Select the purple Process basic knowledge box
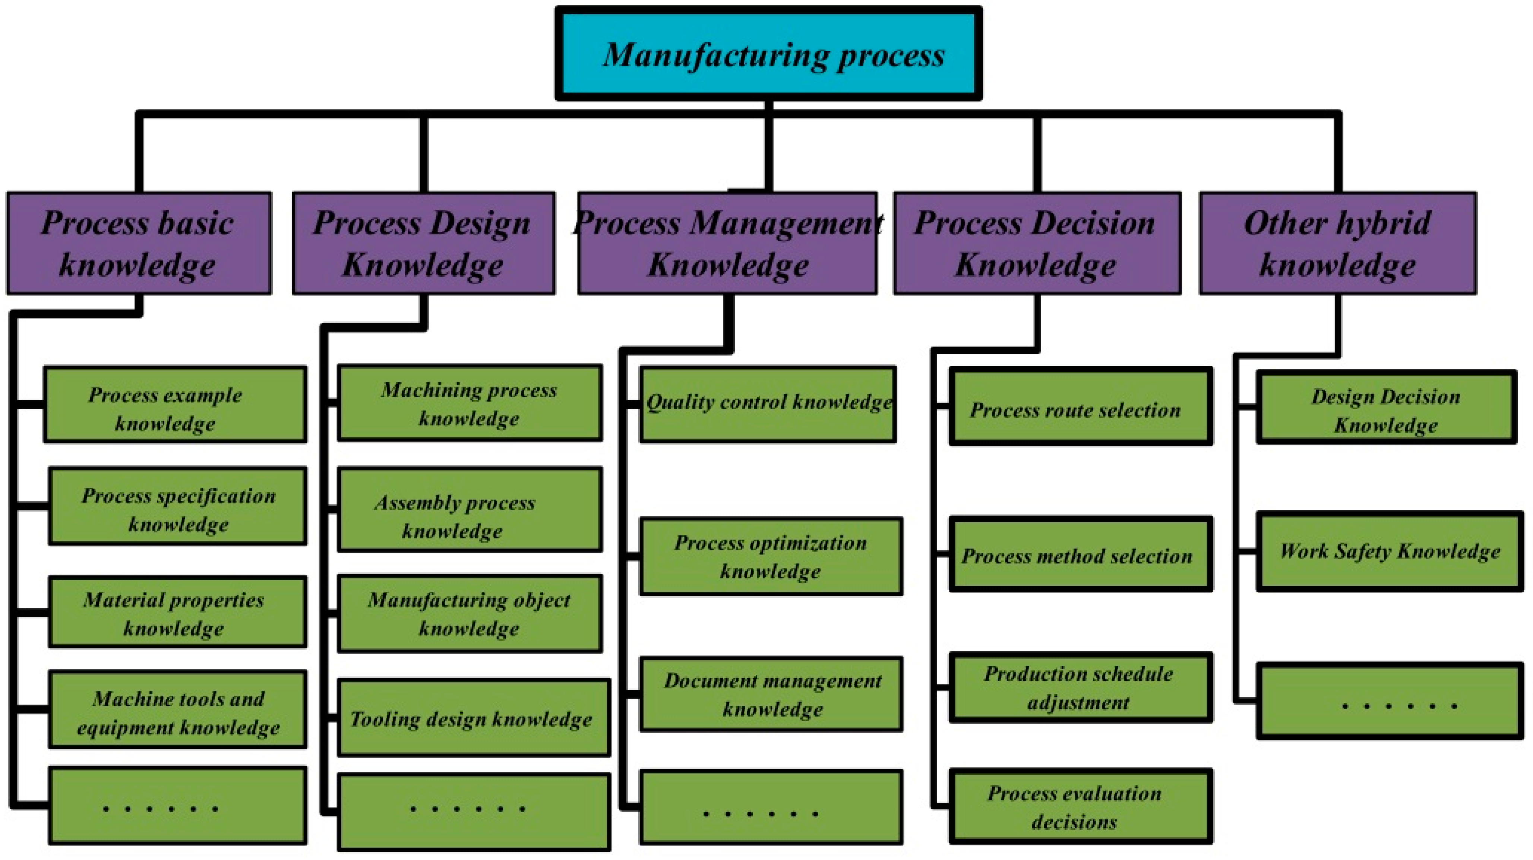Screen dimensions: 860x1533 139,243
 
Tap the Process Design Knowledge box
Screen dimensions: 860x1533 423,243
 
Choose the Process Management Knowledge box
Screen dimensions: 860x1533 727,243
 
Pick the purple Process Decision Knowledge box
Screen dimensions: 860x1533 1037,243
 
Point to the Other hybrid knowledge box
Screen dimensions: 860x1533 1337,243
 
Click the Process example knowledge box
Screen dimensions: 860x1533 175,405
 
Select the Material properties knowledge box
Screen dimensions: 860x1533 177,612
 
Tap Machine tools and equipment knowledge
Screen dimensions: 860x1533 177,709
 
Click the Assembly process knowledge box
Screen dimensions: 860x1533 470,510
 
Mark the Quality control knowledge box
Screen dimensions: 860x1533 768,405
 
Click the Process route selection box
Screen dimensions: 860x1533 1080,407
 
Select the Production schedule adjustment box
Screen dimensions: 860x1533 1080,687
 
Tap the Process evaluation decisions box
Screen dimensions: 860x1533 1080,806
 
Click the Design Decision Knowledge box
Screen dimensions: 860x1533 1386,407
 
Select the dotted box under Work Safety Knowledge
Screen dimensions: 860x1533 1389,702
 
